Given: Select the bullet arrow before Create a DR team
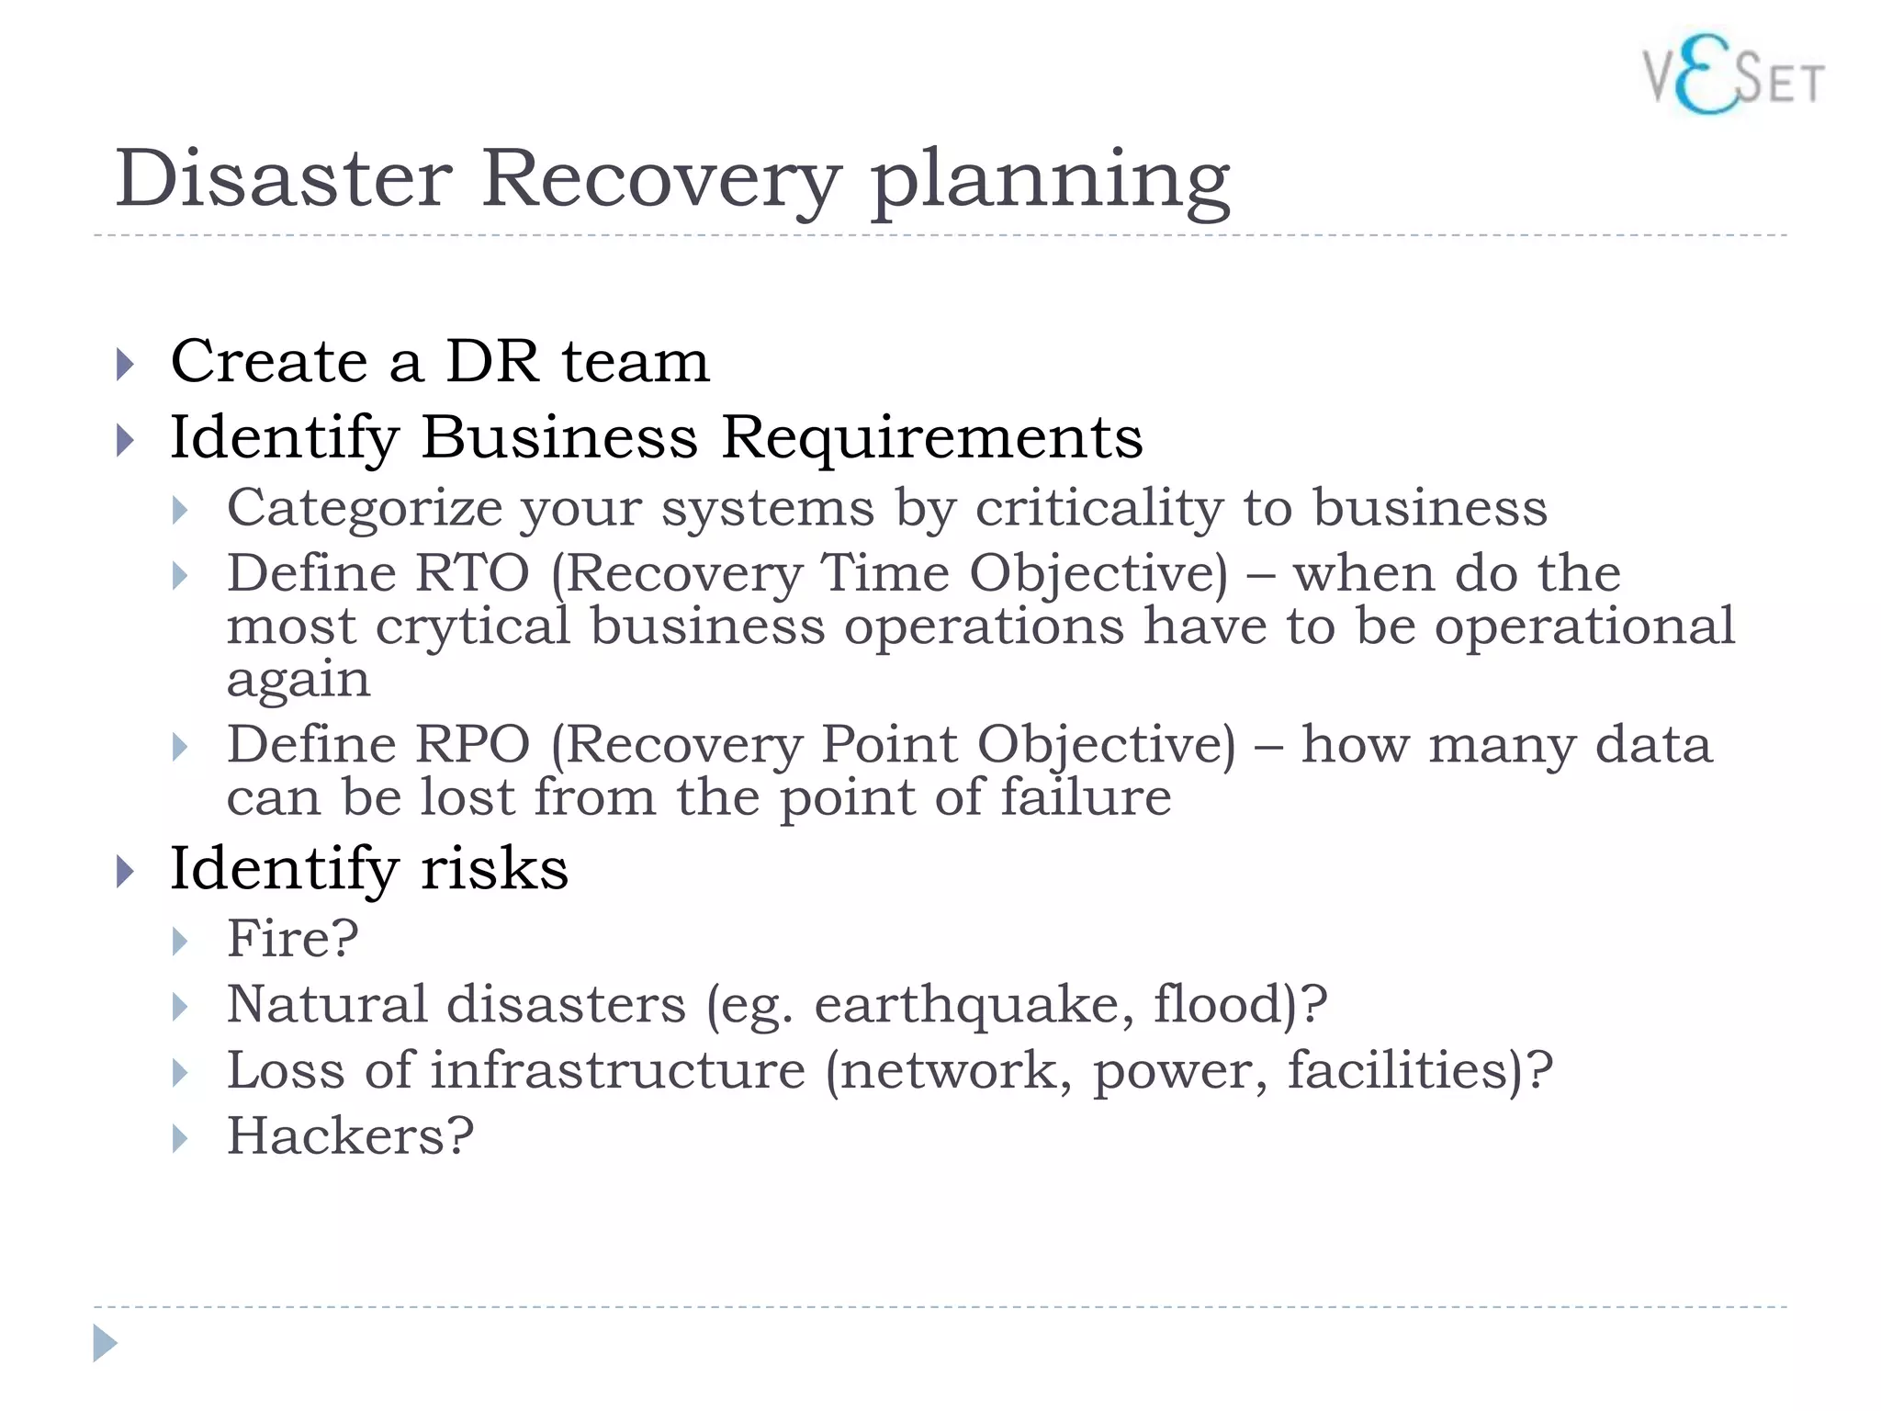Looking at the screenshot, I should coord(126,364).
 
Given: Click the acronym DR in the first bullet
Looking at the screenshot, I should coord(492,361).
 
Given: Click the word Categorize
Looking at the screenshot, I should coord(365,509).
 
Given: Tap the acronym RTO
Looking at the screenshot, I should coord(472,574).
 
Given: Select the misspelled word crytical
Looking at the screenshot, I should coord(473,628).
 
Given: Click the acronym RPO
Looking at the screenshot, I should coord(472,744).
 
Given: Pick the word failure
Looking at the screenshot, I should coord(1086,797).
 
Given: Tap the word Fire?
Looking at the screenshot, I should coord(292,939).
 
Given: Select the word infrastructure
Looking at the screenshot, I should coord(618,1070).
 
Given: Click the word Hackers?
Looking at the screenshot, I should coord(350,1136).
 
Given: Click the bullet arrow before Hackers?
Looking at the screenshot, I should coord(180,1139).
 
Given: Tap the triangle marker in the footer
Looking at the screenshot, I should coord(105,1343).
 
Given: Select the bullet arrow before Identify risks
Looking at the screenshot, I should coord(126,871).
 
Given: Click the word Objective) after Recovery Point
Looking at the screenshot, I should coord(1106,746).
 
